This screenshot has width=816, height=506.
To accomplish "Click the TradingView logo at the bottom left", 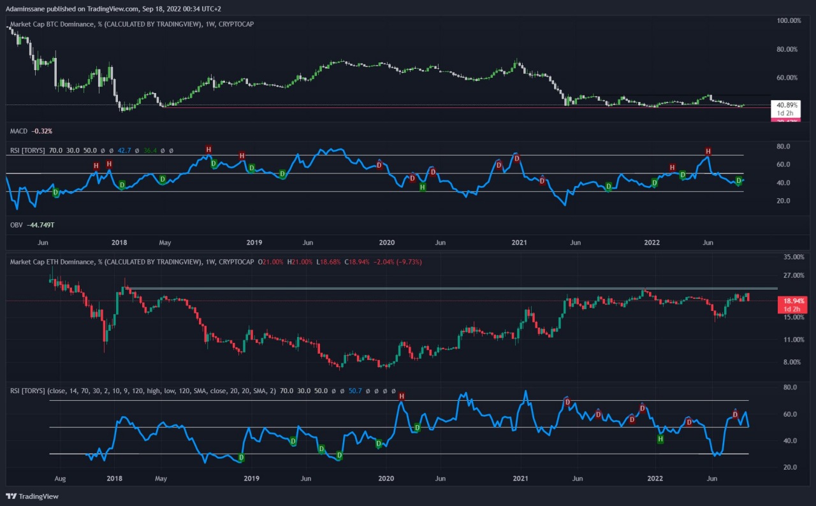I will click(x=22, y=496).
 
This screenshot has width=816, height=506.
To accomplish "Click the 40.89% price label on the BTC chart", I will click(x=785, y=104).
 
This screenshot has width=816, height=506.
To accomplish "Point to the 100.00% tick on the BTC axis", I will click(x=788, y=21).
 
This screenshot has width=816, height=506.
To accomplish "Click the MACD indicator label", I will click(x=19, y=131).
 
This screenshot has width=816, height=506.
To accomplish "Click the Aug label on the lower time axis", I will click(x=61, y=478).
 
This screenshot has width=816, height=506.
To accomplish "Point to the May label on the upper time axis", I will click(x=165, y=243).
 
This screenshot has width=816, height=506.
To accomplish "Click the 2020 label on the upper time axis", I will click(x=387, y=243).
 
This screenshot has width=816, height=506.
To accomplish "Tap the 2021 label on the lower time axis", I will click(x=521, y=478).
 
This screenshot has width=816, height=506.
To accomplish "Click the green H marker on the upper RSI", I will click(x=423, y=187).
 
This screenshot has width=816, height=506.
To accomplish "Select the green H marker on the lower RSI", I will click(x=660, y=439).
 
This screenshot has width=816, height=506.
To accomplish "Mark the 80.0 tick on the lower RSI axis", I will click(x=790, y=387).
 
